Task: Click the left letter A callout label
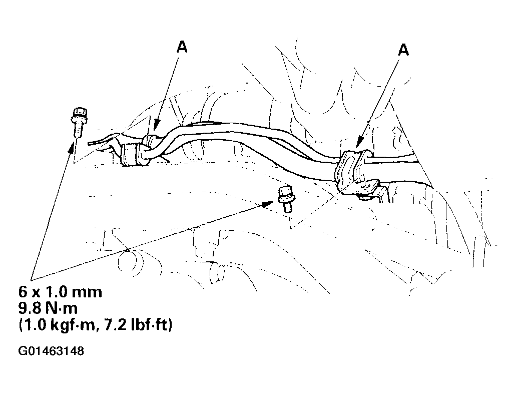click(x=182, y=47)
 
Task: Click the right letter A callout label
click(x=403, y=50)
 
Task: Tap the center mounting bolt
click(x=285, y=199)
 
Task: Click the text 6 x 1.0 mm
click(x=60, y=292)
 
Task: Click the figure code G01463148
click(x=51, y=351)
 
